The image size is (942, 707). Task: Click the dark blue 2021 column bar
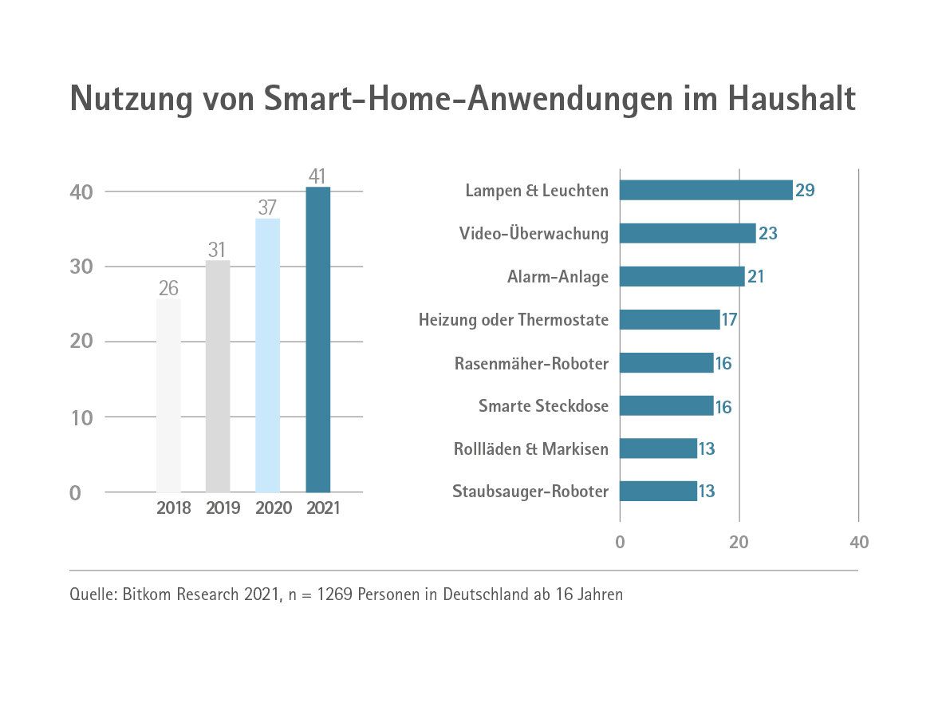(318, 339)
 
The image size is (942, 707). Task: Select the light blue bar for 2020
(267, 355)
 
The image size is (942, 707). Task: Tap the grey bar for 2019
(218, 376)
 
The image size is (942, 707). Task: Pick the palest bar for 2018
(168, 395)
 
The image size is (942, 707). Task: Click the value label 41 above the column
(317, 176)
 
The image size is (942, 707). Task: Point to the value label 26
(168, 288)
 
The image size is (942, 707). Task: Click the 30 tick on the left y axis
(81, 267)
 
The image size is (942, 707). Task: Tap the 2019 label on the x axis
(223, 508)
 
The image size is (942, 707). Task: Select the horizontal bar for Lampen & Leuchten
(706, 190)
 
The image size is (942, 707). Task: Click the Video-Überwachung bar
(688, 233)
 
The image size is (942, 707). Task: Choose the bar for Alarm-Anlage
(682, 276)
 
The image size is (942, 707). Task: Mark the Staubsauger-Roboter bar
(658, 491)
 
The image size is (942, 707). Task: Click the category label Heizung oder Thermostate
(514, 320)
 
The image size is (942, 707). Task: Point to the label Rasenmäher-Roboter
(531, 363)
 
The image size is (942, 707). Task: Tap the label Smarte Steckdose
(543, 406)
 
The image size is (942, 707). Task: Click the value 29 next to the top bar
(804, 191)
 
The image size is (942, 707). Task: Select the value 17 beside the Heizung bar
(729, 320)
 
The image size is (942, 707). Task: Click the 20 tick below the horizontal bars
(739, 543)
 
